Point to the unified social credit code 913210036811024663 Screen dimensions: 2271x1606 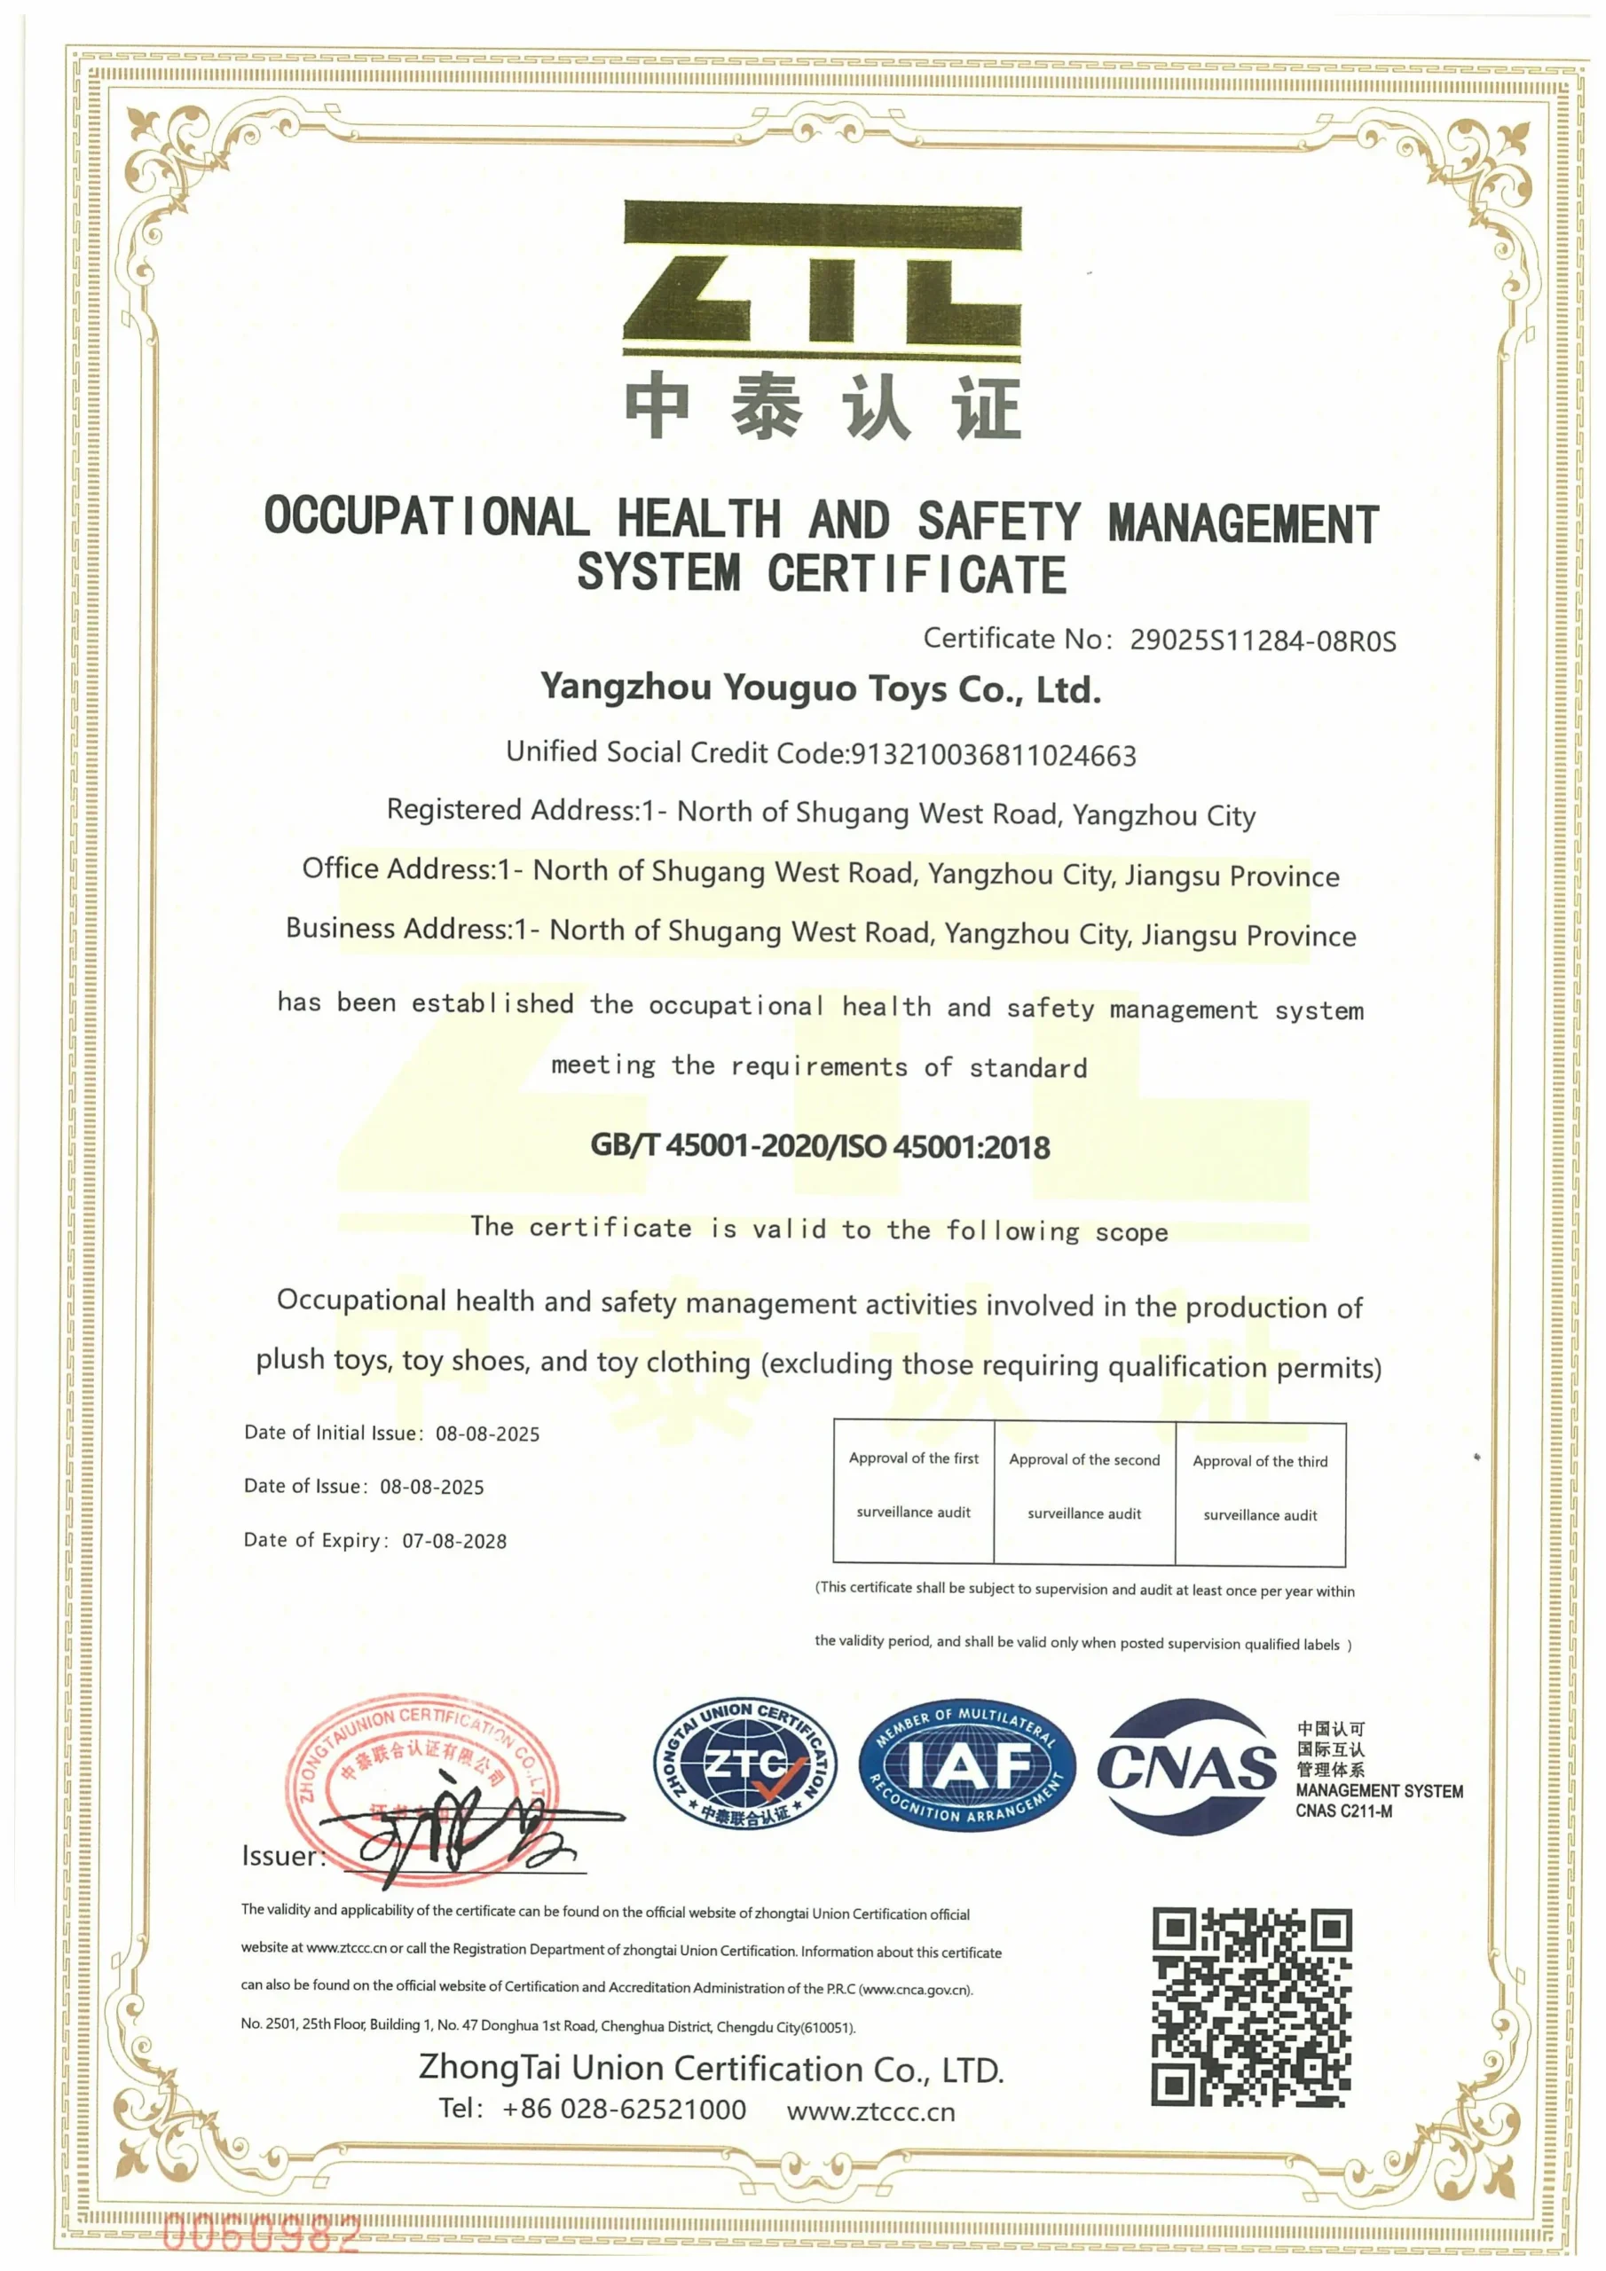994,756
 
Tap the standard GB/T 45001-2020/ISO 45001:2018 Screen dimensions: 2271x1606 821,1146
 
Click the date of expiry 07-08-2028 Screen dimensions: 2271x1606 454,1541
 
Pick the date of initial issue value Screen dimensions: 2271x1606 488,1434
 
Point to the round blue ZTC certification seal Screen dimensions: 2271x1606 745,1766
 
